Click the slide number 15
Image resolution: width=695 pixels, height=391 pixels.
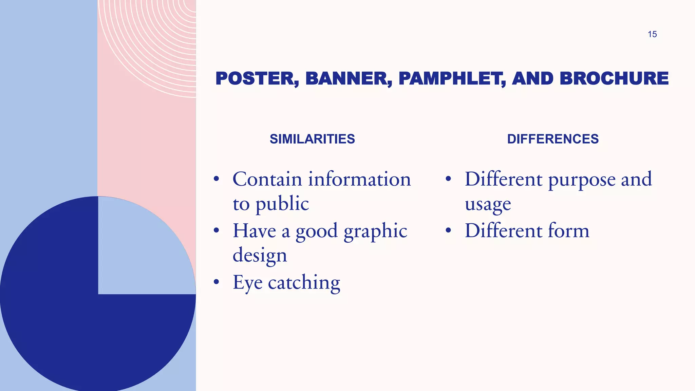[x=652, y=34]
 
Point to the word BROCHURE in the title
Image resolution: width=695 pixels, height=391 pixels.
[x=614, y=79]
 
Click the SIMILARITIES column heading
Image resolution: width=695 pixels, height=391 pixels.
[x=312, y=139]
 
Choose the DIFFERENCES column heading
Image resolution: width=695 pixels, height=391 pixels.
[x=553, y=139]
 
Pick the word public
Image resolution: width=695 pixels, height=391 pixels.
[x=282, y=204]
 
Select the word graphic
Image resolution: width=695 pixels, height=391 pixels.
[x=375, y=231]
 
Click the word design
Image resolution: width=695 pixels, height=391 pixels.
[x=260, y=255]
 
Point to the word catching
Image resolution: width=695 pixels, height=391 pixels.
[x=304, y=283]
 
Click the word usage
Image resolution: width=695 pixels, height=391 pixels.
[x=488, y=205]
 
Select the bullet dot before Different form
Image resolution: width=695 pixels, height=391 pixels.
[x=448, y=230]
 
